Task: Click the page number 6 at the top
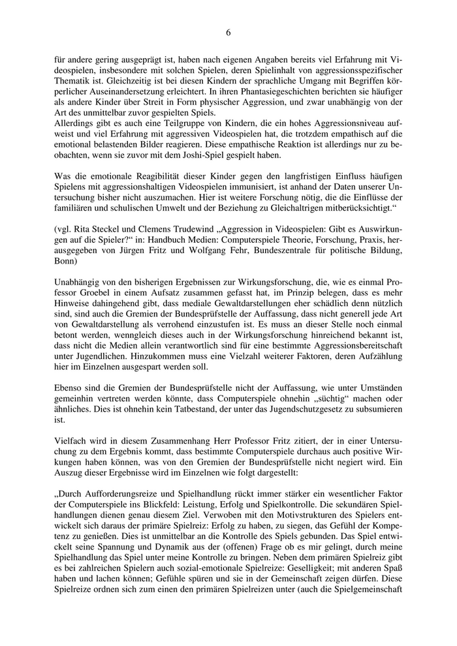click(228, 31)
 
